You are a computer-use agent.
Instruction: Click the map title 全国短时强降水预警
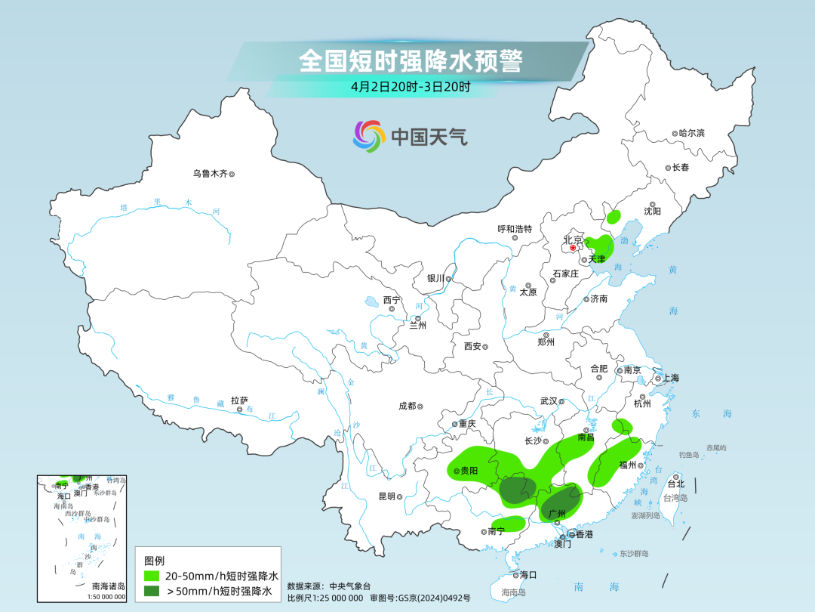[411, 61]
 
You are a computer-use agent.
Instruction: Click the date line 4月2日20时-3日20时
[411, 86]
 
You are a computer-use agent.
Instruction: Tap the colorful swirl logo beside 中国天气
[369, 136]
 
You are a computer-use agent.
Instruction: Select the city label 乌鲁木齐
[210, 174]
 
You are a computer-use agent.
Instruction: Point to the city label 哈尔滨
[691, 133]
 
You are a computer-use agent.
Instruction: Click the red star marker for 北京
[573, 247]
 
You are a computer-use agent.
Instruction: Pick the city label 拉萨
[239, 400]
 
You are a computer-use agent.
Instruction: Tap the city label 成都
[407, 406]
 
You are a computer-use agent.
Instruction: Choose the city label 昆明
[386, 496]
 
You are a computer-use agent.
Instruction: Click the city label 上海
[670, 378]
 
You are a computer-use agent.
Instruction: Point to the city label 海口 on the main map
[527, 574]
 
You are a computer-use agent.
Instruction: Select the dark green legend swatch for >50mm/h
[152, 591]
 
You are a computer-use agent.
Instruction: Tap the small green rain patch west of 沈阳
[614, 218]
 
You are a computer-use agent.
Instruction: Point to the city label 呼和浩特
[515, 229]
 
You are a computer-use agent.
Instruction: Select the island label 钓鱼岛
[690, 455]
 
